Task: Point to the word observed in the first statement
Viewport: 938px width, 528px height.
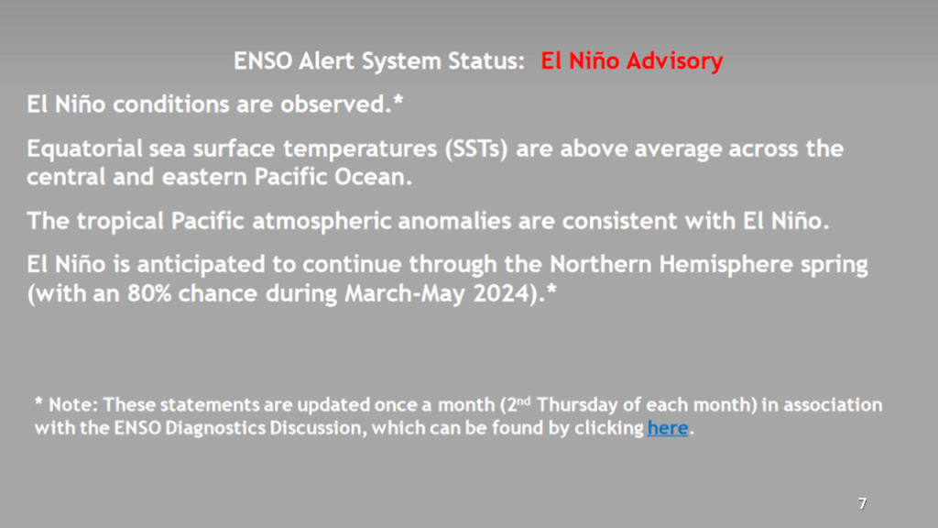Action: [x=335, y=104]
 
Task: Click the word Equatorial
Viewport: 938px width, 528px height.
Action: [x=84, y=148]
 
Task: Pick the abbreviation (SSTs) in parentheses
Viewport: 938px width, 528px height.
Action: [x=476, y=149]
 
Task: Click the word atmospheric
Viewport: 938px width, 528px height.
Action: [x=322, y=222]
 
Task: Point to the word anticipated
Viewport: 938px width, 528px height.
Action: [x=201, y=265]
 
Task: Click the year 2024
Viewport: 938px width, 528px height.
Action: [x=501, y=294]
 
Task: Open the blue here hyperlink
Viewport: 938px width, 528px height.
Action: [x=668, y=428]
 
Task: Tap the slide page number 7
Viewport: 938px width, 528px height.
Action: [x=862, y=503]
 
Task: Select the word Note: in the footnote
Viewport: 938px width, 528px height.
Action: [x=73, y=404]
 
